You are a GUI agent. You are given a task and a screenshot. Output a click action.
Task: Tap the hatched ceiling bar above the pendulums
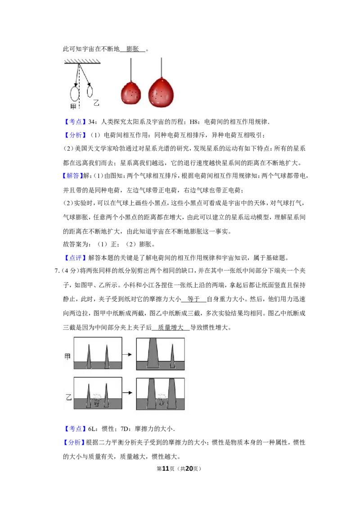pyautogui.click(x=82, y=61)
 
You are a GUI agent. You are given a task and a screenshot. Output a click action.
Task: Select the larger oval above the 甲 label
pyautogui.click(x=75, y=94)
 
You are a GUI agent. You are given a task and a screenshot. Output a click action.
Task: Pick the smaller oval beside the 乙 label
pyautogui.click(x=90, y=91)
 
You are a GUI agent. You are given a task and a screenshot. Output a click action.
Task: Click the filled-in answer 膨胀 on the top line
pyautogui.click(x=133, y=49)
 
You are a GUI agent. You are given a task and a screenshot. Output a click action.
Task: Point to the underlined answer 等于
pyautogui.click(x=193, y=299)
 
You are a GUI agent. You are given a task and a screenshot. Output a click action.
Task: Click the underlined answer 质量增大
pyautogui.click(x=171, y=327)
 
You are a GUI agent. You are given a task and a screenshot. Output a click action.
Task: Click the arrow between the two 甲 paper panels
pyautogui.click(x=129, y=354)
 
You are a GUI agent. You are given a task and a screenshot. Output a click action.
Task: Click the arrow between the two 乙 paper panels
pyautogui.click(x=129, y=393)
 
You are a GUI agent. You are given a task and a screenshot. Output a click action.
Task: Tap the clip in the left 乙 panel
pyautogui.click(x=96, y=400)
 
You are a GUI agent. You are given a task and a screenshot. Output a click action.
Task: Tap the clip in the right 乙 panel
pyautogui.click(x=161, y=400)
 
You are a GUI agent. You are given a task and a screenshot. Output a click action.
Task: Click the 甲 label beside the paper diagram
pyautogui.click(x=67, y=357)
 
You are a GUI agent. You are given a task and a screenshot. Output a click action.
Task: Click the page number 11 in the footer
pyautogui.click(x=166, y=469)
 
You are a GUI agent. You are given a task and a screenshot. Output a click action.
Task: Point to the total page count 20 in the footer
pyautogui.click(x=189, y=469)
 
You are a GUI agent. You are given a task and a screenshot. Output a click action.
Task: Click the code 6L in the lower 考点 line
pyautogui.click(x=92, y=429)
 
